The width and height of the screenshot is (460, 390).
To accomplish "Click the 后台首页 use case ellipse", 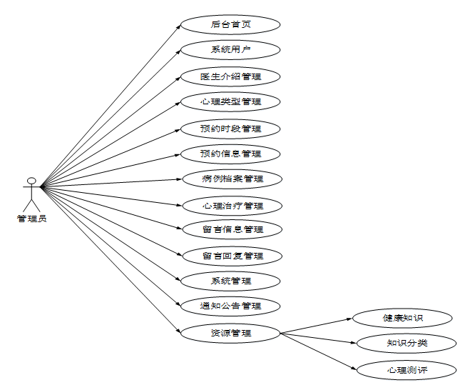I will pos(230,25).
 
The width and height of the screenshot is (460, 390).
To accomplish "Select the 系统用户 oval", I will pos(230,50).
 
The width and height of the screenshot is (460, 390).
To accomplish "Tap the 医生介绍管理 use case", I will pos(230,76).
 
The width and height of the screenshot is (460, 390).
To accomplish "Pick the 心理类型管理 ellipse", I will pos(230,101).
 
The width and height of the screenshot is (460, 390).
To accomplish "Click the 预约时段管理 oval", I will pos(230,129).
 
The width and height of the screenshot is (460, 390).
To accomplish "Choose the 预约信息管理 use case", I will pos(230,154).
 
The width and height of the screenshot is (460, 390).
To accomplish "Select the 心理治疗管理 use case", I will pos(232,206).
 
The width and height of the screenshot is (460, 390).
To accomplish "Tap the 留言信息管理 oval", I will pos(232,229).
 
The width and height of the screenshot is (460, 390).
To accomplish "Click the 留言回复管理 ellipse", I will pos(232,256).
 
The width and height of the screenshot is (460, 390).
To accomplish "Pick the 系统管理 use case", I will pos(230,281).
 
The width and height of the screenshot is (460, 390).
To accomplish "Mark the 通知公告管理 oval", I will pos(230,306).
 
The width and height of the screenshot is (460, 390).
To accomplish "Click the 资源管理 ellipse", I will pos(230,332).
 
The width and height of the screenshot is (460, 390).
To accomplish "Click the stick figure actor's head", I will pos(31,179).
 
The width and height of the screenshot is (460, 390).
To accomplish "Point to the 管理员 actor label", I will pos(31,219).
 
